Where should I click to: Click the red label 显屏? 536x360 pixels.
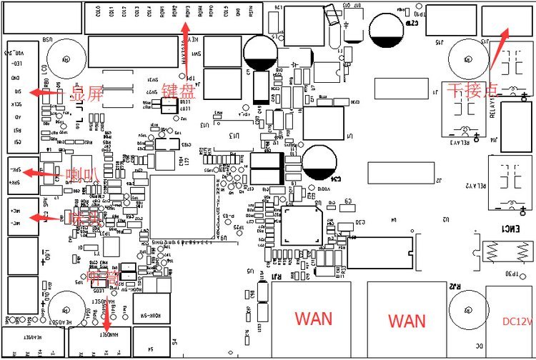pos(70,94)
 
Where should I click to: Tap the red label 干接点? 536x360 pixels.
pos(467,90)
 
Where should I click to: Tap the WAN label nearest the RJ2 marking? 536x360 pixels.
pos(406,319)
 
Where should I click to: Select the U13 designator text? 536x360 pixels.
pos(205,124)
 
